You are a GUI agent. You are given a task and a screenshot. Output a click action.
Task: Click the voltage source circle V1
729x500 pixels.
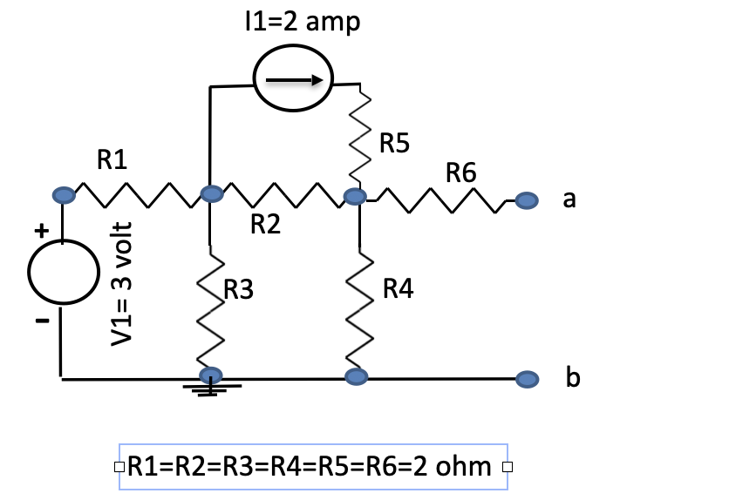tap(62, 272)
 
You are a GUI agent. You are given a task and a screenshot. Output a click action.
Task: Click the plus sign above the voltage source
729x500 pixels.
tap(39, 232)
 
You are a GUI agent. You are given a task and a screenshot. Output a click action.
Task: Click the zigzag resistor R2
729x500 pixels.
tap(282, 197)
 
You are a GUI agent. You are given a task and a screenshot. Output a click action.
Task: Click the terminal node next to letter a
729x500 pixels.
tap(525, 201)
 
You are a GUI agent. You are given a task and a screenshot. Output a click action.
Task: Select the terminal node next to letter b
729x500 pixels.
tap(525, 379)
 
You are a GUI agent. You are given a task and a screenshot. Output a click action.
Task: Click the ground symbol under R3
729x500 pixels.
tap(210, 386)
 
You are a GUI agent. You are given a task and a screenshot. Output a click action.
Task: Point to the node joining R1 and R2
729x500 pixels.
tap(210, 194)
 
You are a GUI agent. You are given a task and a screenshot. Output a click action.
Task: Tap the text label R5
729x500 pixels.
tap(394, 143)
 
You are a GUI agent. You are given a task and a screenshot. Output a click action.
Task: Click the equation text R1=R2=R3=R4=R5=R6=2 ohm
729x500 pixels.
tap(310, 467)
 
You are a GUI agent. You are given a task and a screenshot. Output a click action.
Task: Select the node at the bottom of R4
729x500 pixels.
tap(355, 376)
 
